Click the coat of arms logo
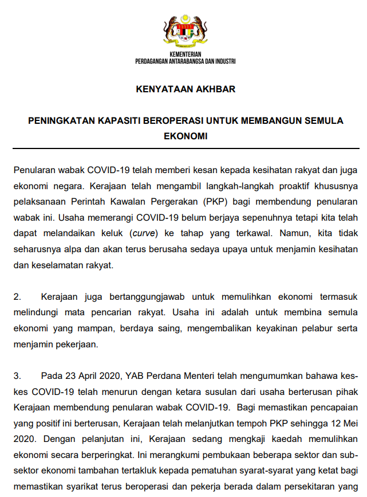click(184, 32)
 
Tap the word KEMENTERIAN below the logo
click(184, 54)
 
